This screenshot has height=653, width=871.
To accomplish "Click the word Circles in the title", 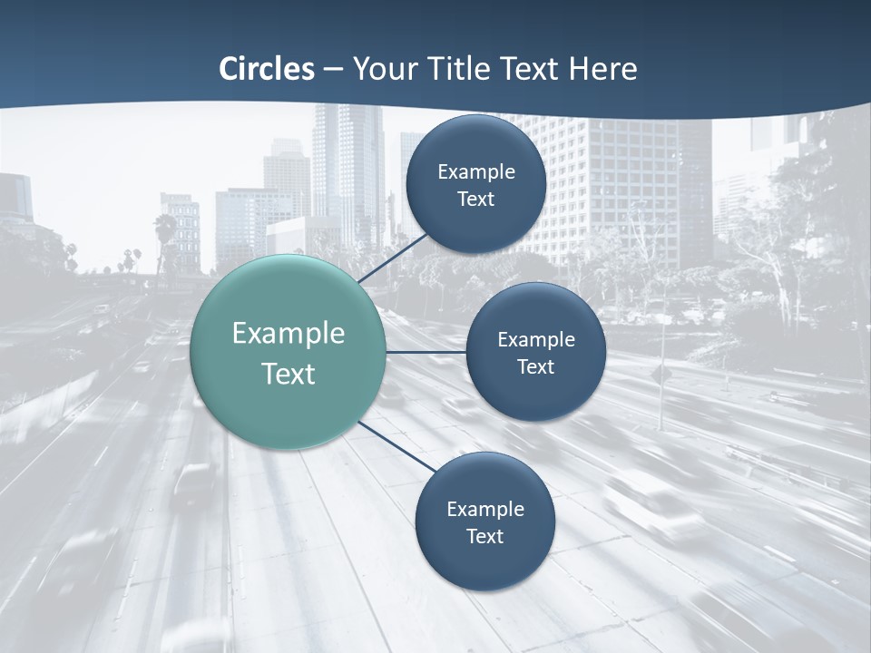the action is tap(267, 69).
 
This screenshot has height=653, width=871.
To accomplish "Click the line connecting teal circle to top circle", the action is tap(394, 258).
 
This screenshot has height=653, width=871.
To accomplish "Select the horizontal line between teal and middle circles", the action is tap(426, 352).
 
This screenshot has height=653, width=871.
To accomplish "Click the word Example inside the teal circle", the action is tap(289, 334).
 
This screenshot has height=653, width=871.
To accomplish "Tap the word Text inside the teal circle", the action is tap(289, 374).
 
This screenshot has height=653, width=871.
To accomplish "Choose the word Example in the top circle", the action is tap(476, 171).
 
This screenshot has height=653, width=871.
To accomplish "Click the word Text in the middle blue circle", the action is tap(535, 366).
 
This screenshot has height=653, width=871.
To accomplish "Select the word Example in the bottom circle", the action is tap(485, 509).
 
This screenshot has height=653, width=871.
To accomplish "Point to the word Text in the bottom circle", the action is tap(484, 536).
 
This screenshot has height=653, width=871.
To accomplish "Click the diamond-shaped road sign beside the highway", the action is tap(661, 375).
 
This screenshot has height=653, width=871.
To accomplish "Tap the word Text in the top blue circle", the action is tap(476, 199).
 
